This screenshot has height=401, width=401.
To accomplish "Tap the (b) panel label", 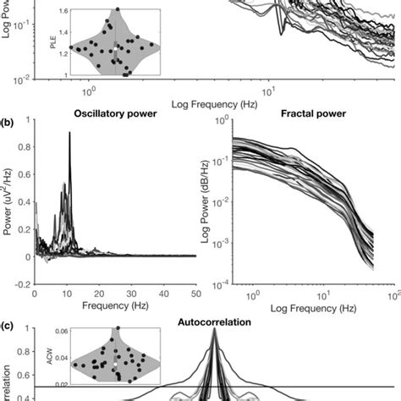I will coord(8,109).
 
